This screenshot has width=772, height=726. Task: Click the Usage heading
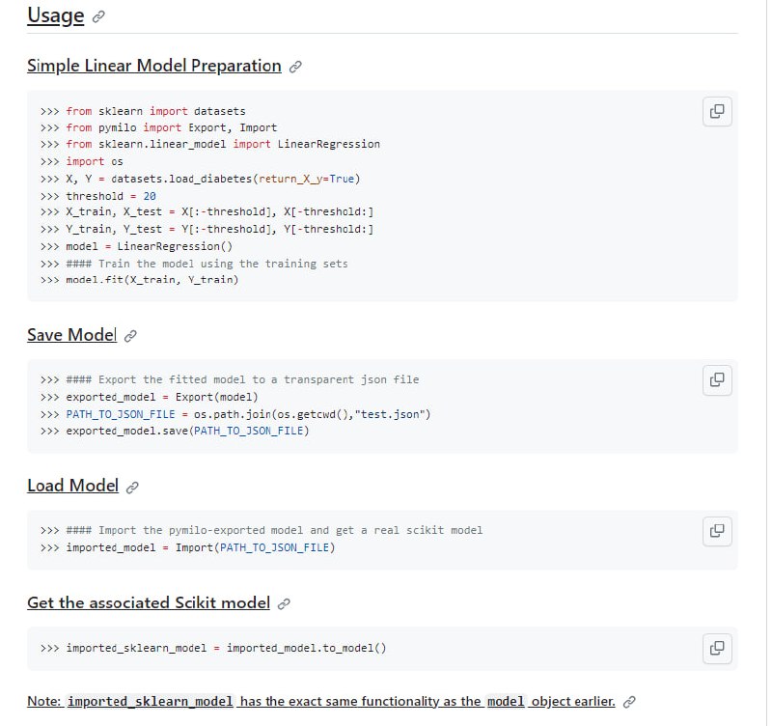tap(56, 15)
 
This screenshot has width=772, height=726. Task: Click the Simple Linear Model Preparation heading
tap(154, 66)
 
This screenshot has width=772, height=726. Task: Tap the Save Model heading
tap(71, 335)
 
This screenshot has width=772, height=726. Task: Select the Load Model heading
tap(73, 486)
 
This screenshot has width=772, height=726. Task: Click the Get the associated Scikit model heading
tap(149, 602)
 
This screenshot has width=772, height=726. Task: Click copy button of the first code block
tap(717, 111)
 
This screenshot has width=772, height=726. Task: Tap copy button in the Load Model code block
tap(717, 531)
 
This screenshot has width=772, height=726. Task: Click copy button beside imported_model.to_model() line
tap(717, 648)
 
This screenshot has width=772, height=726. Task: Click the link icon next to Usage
tap(98, 16)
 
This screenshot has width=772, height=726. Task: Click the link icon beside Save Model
tap(130, 336)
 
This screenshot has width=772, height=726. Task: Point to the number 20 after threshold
tap(150, 196)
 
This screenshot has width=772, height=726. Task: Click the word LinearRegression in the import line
tap(329, 144)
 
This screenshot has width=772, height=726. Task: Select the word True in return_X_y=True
tap(342, 179)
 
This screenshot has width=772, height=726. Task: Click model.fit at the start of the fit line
tap(95, 280)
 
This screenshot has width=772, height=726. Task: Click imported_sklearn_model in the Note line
tap(151, 701)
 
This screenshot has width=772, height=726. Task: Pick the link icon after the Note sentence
tap(629, 703)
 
